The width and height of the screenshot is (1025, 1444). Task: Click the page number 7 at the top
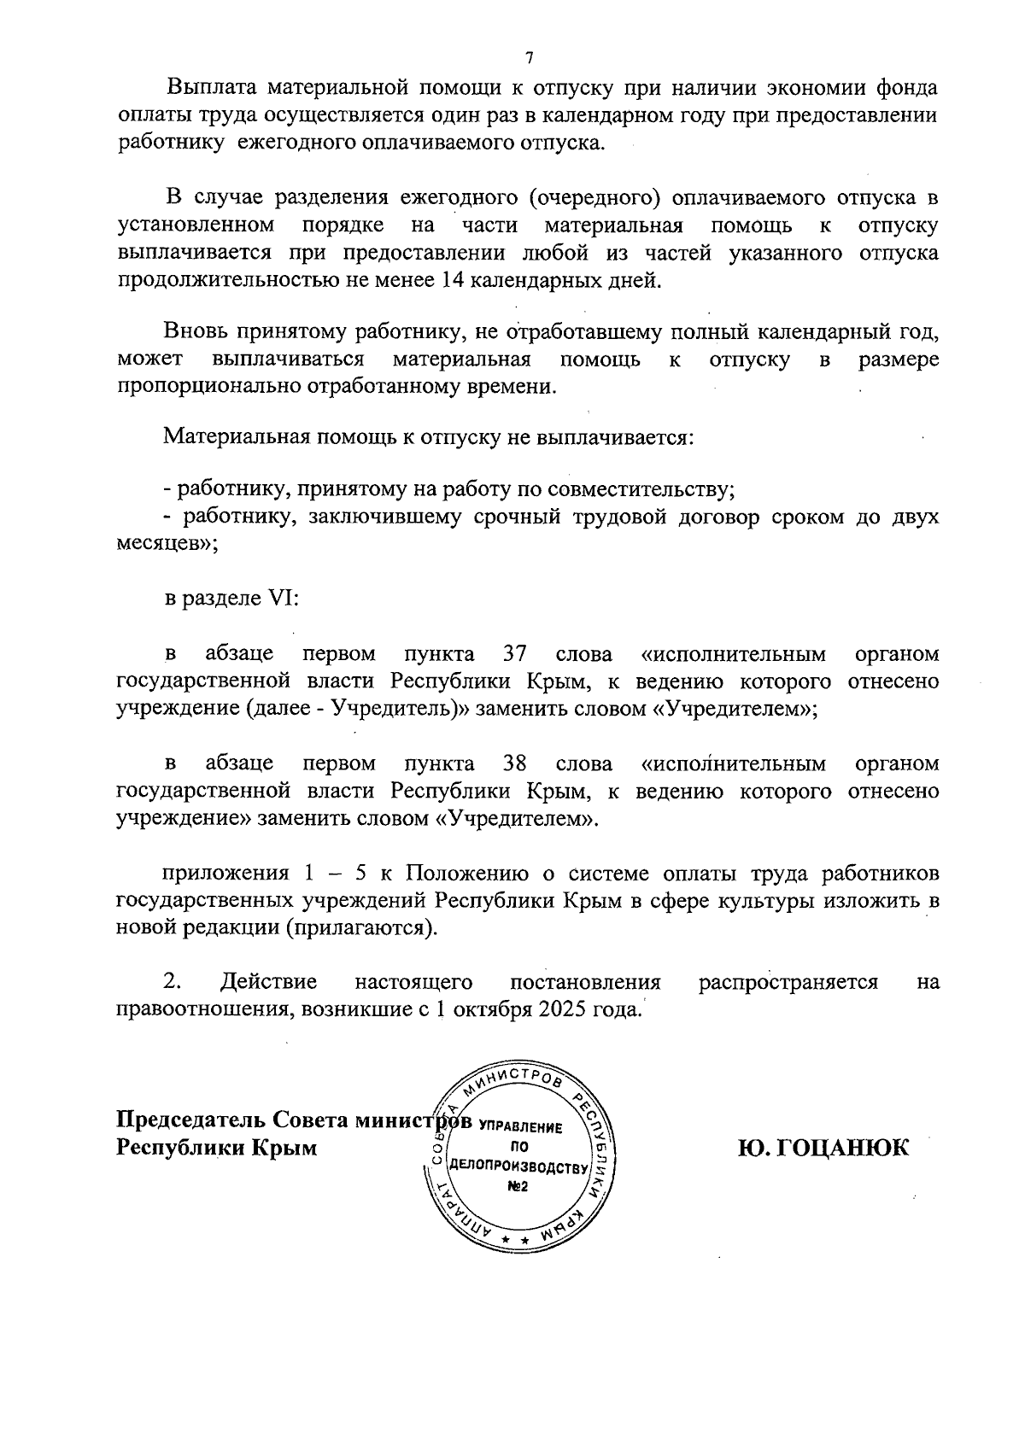click(x=529, y=58)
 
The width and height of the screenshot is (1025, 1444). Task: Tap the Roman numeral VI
click(x=281, y=599)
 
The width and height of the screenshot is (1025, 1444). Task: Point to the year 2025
click(x=563, y=1009)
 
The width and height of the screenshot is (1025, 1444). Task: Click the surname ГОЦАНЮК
click(x=823, y=1148)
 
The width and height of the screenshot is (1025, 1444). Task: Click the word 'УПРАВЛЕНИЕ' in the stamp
click(x=520, y=1127)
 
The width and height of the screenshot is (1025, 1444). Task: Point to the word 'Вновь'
click(x=196, y=331)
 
